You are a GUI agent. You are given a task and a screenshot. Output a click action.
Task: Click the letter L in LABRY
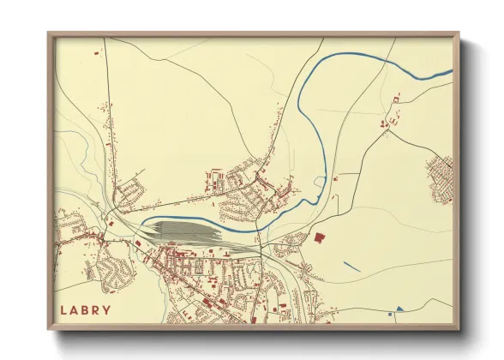tap(63, 309)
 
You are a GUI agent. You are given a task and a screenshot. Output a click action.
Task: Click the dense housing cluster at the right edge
tap(441, 177)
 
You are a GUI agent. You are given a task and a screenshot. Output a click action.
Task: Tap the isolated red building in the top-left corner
tap(97, 53)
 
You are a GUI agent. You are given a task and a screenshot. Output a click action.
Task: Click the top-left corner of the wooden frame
tap(49, 34)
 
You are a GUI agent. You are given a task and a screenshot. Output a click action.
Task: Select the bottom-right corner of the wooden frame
tap(458, 329)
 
